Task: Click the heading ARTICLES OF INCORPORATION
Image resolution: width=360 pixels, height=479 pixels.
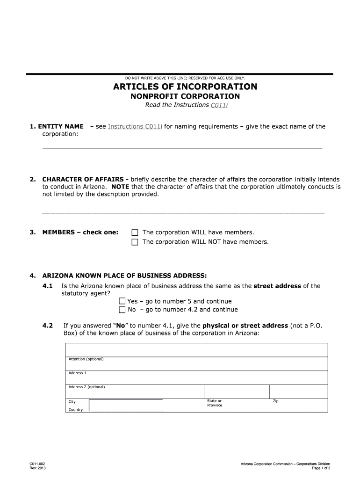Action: (x=185, y=87)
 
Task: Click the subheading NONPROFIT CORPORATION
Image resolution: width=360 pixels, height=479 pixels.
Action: (x=185, y=96)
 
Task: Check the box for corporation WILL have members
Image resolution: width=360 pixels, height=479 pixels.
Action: (x=135, y=232)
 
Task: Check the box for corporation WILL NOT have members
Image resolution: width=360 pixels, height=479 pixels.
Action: (x=135, y=242)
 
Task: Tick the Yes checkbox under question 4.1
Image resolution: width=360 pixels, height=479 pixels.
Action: (x=122, y=301)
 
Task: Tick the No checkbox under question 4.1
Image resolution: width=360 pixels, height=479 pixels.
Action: (x=122, y=310)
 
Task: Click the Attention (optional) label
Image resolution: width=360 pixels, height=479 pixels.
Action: (x=86, y=359)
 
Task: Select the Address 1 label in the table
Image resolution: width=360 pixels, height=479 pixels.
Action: (x=77, y=373)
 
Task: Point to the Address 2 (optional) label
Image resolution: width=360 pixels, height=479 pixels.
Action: (x=86, y=387)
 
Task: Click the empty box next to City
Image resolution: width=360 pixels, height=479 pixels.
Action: (x=126, y=405)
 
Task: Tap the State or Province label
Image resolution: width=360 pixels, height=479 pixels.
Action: (x=215, y=403)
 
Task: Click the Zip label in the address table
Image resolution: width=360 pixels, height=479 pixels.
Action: (x=275, y=401)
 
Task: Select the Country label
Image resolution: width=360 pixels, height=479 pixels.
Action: (x=76, y=410)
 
